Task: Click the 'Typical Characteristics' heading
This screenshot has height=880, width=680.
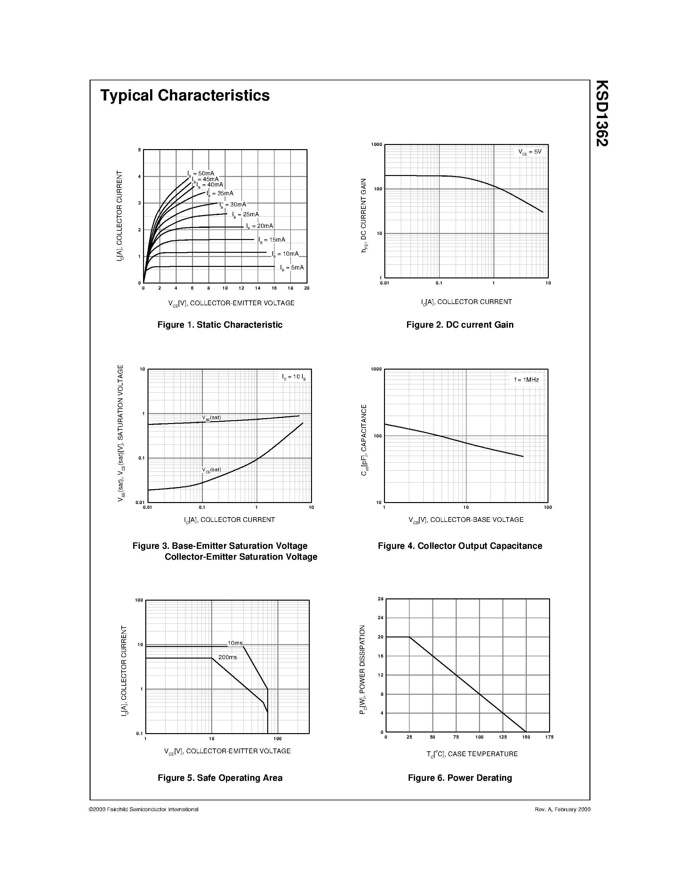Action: coord(185,95)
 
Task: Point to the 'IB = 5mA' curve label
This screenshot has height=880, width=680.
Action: coord(292,268)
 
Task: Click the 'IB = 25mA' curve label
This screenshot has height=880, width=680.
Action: coord(246,215)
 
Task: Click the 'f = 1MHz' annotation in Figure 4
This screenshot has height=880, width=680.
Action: coord(526,380)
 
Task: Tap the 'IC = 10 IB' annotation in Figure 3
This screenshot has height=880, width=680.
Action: coord(294,377)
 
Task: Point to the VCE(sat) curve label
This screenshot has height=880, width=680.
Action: coord(212,470)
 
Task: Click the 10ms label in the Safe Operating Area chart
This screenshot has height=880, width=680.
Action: coord(235,643)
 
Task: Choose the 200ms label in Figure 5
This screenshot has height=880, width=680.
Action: coord(228,657)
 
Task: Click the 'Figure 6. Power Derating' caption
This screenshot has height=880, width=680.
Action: coord(460,778)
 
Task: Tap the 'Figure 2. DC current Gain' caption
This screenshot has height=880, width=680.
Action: coord(460,325)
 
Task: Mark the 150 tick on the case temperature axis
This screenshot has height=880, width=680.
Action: coord(526,737)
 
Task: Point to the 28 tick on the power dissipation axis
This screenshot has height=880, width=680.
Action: coord(380,599)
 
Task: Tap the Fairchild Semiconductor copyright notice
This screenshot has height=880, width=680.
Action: coord(143,809)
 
